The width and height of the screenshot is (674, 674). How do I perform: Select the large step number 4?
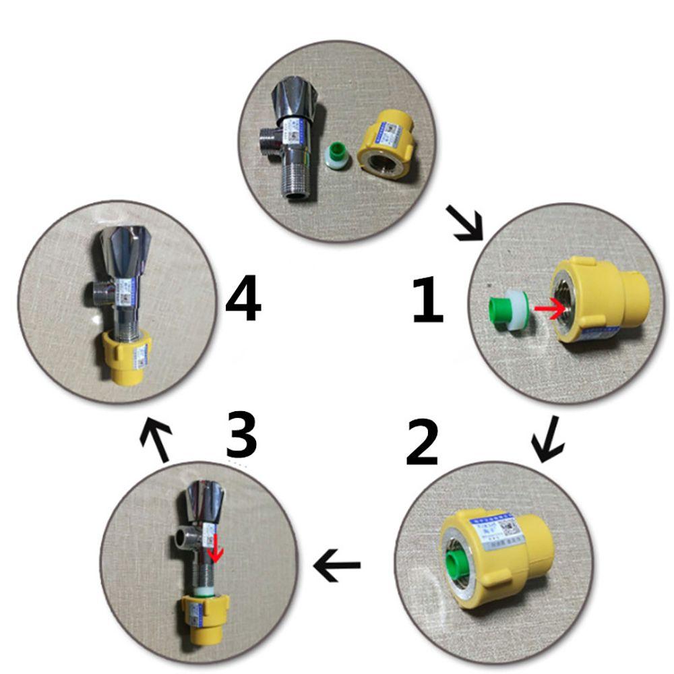(x=243, y=301)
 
